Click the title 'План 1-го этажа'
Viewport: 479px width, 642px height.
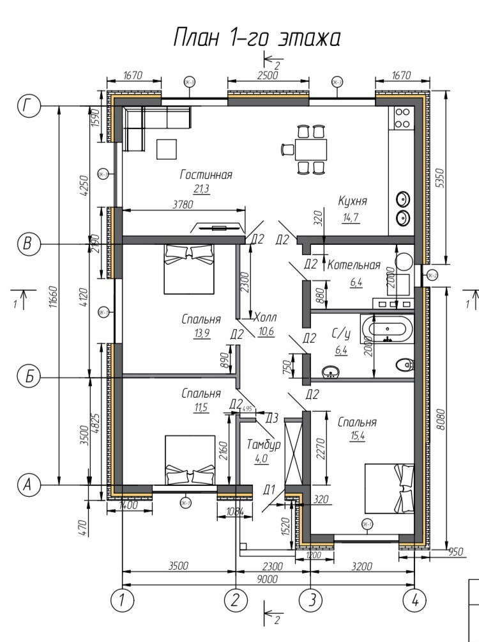pyautogui.click(x=256, y=38)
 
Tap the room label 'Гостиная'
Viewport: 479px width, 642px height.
pyautogui.click(x=206, y=174)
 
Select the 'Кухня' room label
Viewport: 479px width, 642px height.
pyautogui.click(x=353, y=201)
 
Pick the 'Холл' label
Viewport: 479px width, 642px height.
pyautogui.click(x=265, y=318)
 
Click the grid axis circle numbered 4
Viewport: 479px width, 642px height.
pyautogui.click(x=414, y=600)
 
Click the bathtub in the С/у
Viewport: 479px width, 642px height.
pyautogui.click(x=386, y=329)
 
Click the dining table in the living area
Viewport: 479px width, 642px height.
pyautogui.click(x=310, y=150)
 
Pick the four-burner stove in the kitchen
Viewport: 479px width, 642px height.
pyautogui.click(x=402, y=118)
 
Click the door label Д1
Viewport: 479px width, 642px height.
pyautogui.click(x=270, y=490)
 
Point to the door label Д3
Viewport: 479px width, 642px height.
pyautogui.click(x=271, y=418)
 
